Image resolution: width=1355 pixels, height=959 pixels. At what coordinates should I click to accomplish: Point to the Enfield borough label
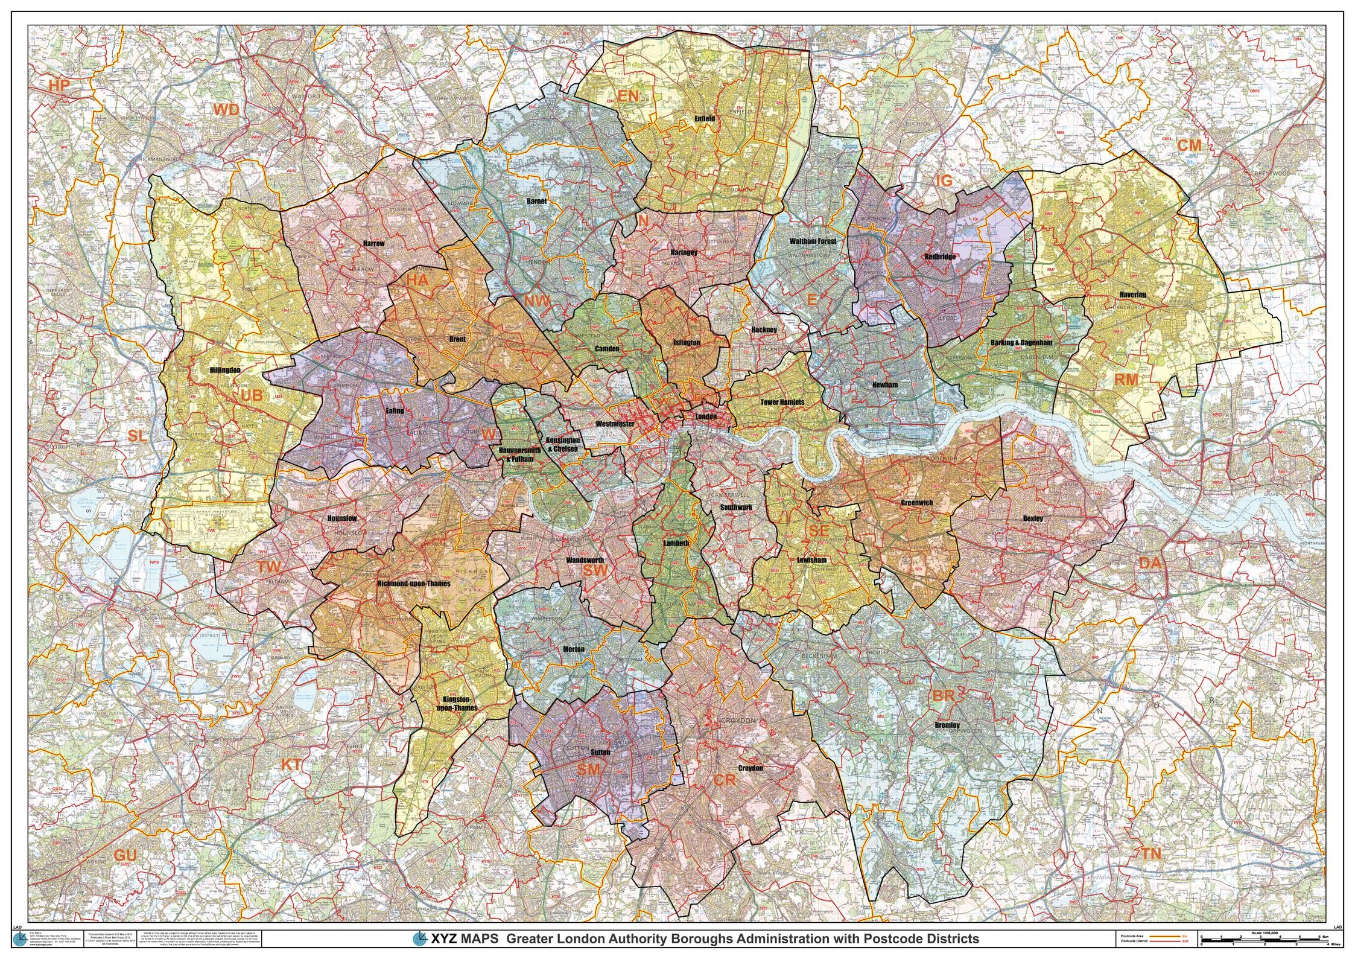coord(704,119)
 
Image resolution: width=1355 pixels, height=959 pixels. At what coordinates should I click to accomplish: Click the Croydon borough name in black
coord(750,768)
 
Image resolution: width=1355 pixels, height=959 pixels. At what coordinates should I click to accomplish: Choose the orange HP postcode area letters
coord(59,86)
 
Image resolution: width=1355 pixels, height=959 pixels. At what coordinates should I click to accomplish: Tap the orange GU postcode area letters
coord(125,855)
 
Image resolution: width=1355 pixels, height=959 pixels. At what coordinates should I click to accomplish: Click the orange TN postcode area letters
coord(1150,853)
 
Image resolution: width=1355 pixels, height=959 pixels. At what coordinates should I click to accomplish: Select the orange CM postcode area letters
coord(1190,145)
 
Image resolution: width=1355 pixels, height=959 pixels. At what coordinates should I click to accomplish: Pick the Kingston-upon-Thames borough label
coord(457,703)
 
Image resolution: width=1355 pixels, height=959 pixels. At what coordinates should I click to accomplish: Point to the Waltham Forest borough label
coord(813,241)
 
